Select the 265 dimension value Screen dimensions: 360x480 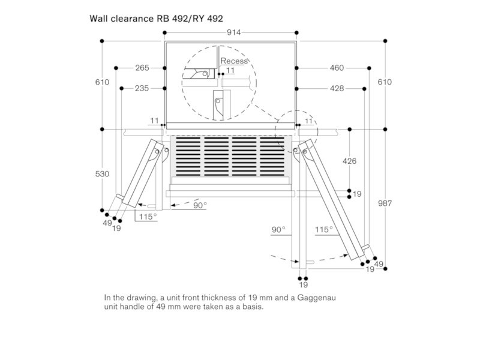(x=142, y=68)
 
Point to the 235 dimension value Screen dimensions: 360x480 (x=142, y=88)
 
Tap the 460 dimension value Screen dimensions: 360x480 (x=337, y=68)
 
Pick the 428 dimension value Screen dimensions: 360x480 (x=337, y=88)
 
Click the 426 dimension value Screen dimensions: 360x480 (x=350, y=161)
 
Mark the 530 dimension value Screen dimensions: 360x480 (x=103, y=174)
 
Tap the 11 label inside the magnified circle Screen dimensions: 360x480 (x=231, y=71)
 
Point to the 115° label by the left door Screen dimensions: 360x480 (x=147, y=216)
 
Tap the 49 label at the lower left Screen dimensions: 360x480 (x=107, y=223)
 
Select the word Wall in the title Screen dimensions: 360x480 (x=97, y=19)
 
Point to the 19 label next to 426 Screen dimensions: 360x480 (x=357, y=194)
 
